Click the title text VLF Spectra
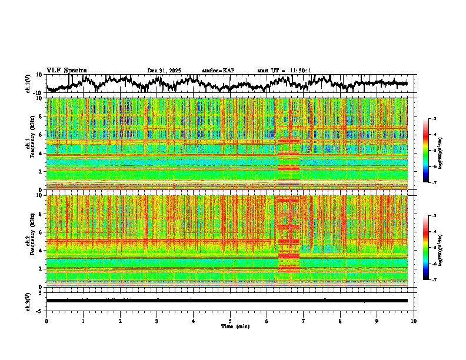[x=66, y=70]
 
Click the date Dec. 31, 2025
[x=164, y=71]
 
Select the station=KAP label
[x=218, y=71]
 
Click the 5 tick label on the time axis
[x=231, y=321]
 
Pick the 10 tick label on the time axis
[x=414, y=321]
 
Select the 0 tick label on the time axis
[x=46, y=321]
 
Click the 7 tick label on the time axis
[x=304, y=321]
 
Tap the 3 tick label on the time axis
[x=157, y=321]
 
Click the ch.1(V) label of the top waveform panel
[x=28, y=84]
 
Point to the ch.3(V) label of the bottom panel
[x=28, y=301]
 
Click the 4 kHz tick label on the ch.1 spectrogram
[x=39, y=154]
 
